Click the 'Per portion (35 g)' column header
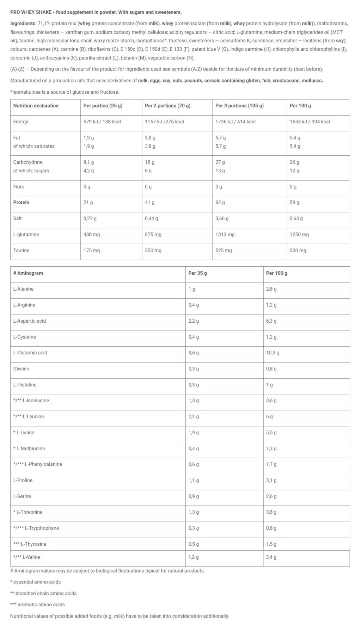103,106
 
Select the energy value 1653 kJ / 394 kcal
310,122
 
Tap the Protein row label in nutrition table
21,203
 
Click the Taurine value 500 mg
298,250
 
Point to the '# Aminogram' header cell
28,273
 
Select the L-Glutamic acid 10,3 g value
273,353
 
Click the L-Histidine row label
25,385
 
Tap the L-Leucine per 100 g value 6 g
269,416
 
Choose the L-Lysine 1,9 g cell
194,433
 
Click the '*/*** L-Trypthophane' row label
36,528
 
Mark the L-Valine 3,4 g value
271,557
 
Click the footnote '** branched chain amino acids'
43,593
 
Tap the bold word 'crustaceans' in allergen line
286,81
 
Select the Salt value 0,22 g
90,218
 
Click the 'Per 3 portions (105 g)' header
239,106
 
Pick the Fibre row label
19,187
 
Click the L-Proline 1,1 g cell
194,480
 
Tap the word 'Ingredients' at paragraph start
23,24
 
